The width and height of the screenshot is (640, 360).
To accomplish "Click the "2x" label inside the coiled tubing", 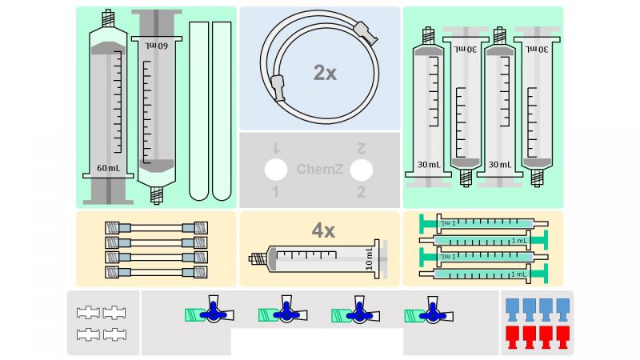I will [x=325, y=73].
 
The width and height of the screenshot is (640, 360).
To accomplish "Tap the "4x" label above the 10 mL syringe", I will [x=323, y=231].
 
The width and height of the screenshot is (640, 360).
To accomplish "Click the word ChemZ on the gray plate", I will [x=319, y=170].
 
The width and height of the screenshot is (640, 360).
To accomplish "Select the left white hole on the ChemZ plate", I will [x=276, y=170].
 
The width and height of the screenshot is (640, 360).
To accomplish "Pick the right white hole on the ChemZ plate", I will [x=362, y=170].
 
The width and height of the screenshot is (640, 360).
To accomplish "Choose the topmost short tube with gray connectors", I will [x=157, y=227].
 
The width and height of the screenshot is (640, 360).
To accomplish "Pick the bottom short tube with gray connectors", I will [x=157, y=272].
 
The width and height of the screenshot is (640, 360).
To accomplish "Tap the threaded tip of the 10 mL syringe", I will [x=257, y=259].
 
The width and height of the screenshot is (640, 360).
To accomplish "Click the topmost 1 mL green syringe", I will [x=484, y=222].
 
